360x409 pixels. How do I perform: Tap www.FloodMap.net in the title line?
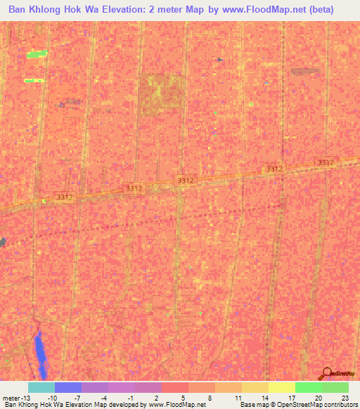264,10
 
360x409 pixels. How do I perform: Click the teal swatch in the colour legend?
41,387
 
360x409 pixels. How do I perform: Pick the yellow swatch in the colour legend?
282,387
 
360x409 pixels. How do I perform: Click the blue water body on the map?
41,355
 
